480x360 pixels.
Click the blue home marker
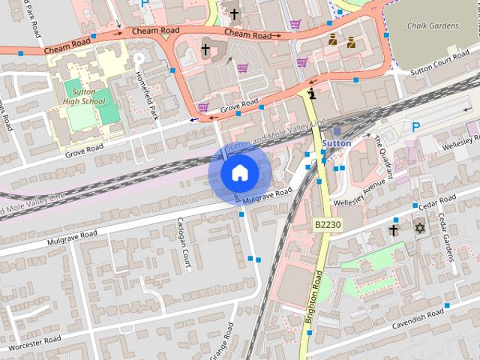pyautogui.click(x=239, y=173)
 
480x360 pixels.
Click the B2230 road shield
pyautogui.click(x=327, y=225)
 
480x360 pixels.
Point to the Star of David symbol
pyautogui.click(x=418, y=227)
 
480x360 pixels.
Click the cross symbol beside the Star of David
pyautogui.click(x=393, y=229)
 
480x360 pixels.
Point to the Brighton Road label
pyautogui.click(x=314, y=298)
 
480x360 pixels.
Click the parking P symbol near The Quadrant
pyautogui.click(x=415, y=127)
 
